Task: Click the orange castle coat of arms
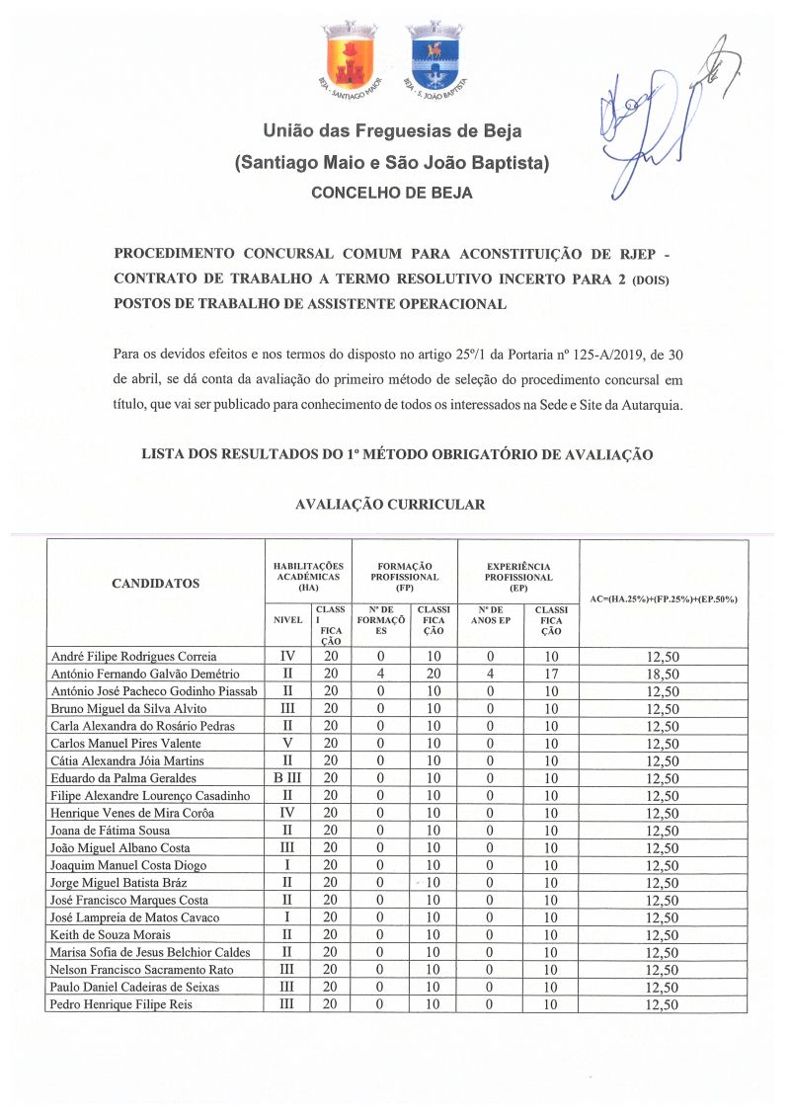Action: click(351, 56)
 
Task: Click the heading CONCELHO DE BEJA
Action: click(392, 193)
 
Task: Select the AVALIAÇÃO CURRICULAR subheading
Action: click(390, 505)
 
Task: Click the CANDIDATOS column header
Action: click(155, 583)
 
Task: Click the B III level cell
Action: click(286, 778)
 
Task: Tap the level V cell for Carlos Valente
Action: click(286, 743)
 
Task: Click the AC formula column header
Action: click(663, 599)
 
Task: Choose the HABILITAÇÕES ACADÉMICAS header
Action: click(308, 571)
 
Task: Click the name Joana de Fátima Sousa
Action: click(110, 831)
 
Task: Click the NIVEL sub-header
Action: click(286, 620)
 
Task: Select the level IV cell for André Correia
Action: click(286, 656)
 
